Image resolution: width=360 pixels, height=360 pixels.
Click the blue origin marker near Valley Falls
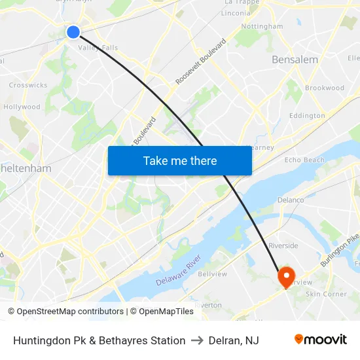click(73, 31)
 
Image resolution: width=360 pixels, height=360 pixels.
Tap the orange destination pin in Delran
click(286, 276)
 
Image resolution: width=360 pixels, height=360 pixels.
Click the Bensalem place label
click(295, 60)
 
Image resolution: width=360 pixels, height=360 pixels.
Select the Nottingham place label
click(262, 27)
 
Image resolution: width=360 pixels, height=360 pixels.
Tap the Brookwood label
click(325, 88)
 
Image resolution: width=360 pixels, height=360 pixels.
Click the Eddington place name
click(307, 116)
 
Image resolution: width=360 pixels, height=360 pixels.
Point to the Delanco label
click(291, 200)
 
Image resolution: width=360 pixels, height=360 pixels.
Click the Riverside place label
click(283, 246)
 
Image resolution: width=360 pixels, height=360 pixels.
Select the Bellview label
click(212, 274)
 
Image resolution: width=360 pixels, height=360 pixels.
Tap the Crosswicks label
click(27, 85)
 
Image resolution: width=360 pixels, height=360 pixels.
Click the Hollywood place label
click(22, 107)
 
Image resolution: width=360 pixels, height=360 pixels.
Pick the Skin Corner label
click(326, 295)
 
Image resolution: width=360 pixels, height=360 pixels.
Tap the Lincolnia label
click(236, 13)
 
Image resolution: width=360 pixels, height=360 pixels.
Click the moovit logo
click(321, 340)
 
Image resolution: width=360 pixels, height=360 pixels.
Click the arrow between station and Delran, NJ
click(197, 340)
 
